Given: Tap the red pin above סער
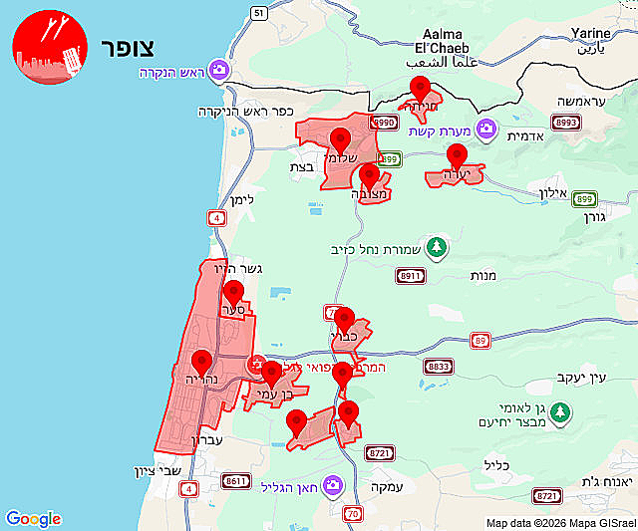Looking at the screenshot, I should (x=233, y=293).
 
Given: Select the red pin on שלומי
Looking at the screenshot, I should (x=340, y=140).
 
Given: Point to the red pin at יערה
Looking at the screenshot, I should (x=457, y=156).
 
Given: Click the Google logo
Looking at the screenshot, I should (x=33, y=519).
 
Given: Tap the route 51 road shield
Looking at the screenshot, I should (x=259, y=13).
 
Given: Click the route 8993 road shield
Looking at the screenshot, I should (x=566, y=122).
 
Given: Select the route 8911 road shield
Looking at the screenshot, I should (x=410, y=276).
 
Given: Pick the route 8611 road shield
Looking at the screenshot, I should (x=236, y=481).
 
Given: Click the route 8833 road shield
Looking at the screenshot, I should (x=438, y=366).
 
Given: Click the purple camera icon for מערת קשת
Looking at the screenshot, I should (x=485, y=129).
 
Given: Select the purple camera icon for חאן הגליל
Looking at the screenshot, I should (x=332, y=486).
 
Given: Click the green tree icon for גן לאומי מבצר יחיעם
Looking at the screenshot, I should (x=560, y=410).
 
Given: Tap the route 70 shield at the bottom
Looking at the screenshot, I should (x=353, y=514).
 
